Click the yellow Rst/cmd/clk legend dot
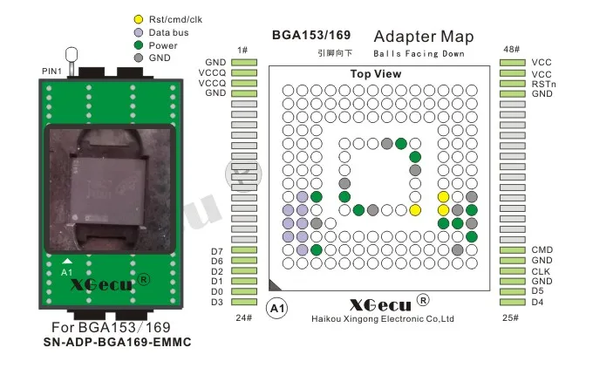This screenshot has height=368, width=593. (x=139, y=19)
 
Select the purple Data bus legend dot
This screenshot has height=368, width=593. (x=139, y=32)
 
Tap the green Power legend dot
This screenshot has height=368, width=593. (x=139, y=45)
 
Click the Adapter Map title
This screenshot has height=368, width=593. (x=423, y=37)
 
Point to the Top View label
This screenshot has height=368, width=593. (x=376, y=74)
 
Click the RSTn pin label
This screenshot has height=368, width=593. (x=542, y=83)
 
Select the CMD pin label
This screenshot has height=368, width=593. (x=542, y=250)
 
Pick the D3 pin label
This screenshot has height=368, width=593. (x=217, y=302)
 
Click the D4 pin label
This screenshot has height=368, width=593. (x=537, y=302)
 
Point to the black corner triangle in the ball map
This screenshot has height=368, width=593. (x=274, y=284)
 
